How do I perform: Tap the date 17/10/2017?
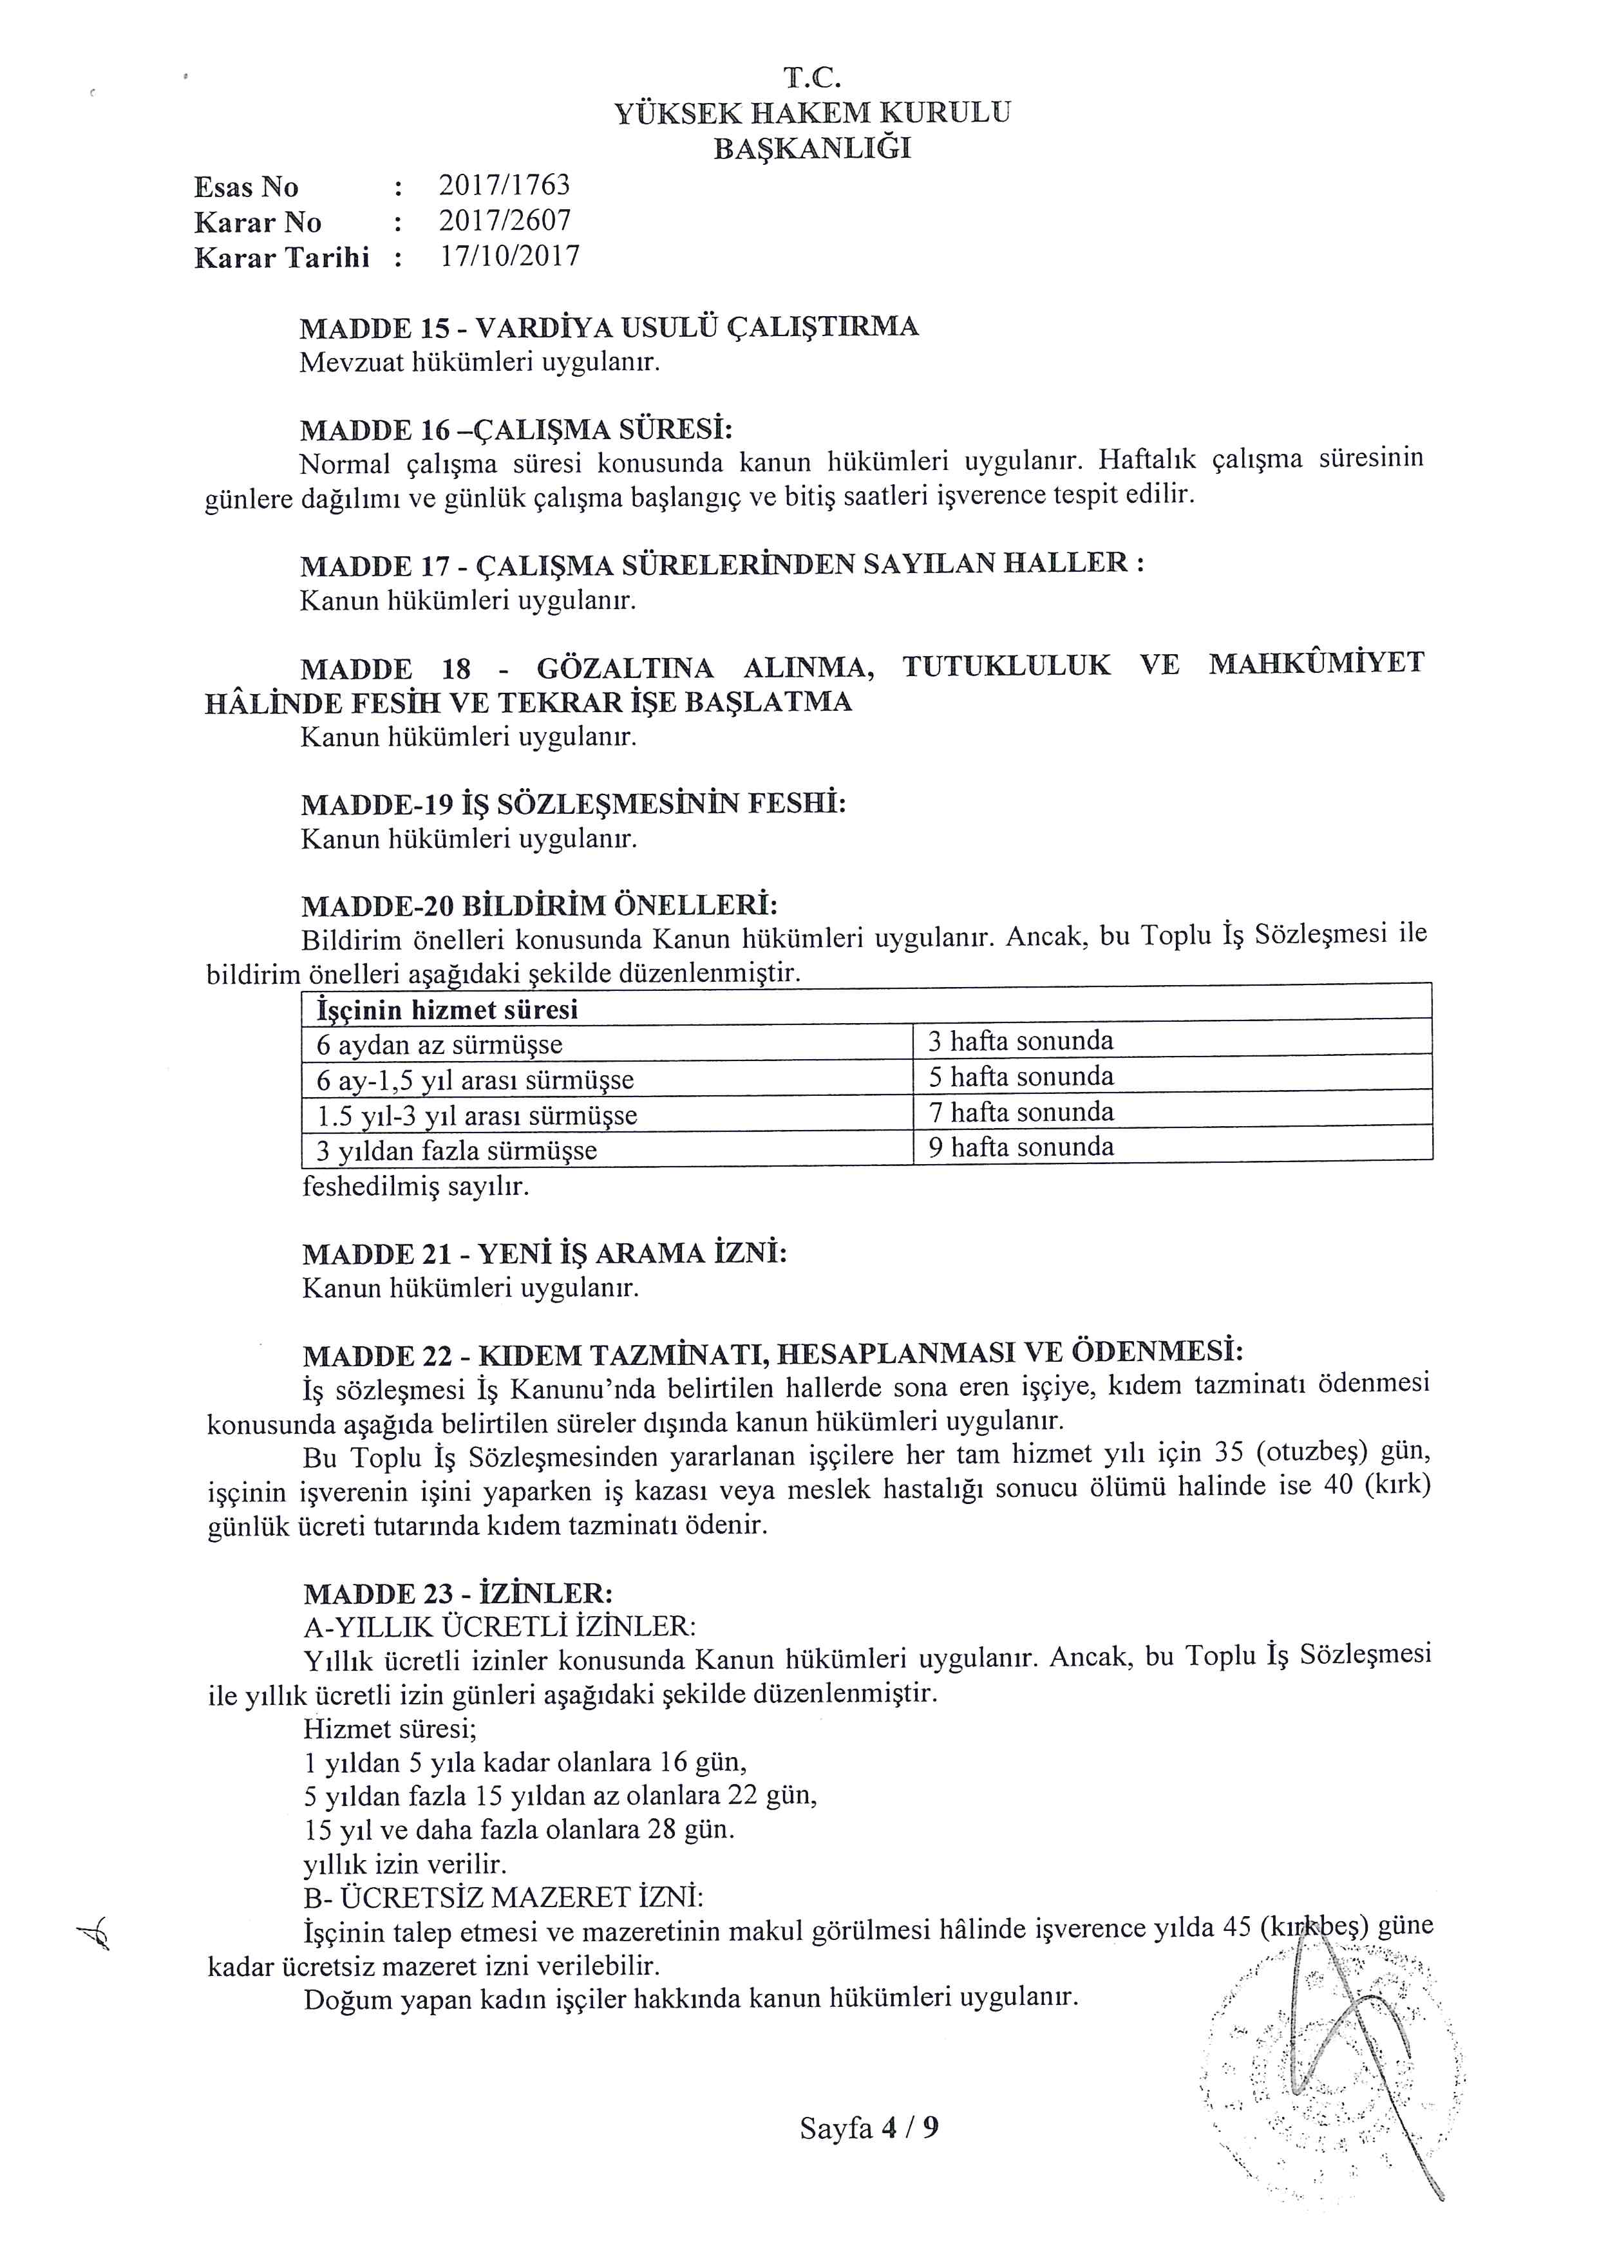coord(509,257)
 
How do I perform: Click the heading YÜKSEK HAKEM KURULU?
coord(812,113)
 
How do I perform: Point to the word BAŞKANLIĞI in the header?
coord(812,149)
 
